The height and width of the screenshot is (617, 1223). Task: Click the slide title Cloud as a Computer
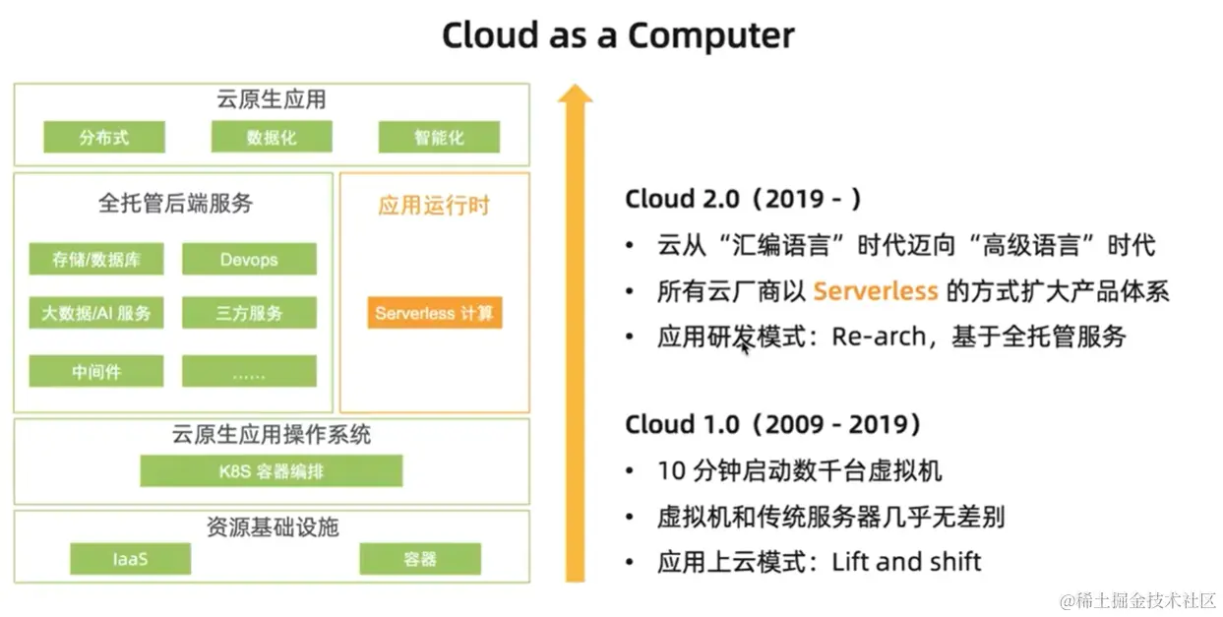[x=618, y=35]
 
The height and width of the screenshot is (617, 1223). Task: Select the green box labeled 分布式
[x=104, y=137]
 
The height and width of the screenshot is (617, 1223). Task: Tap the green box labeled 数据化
[x=272, y=137]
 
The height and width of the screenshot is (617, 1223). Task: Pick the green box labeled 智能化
[x=439, y=137]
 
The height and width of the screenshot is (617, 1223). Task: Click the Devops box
[x=249, y=259]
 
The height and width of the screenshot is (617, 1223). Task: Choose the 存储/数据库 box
[x=96, y=259]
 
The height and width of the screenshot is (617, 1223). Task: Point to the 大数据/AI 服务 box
[x=96, y=313]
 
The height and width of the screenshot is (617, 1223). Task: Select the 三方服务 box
[x=249, y=313]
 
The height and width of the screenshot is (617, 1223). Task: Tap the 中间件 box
[x=96, y=371]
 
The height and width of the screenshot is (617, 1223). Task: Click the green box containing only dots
[x=249, y=371]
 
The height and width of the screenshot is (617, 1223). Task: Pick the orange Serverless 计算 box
[x=435, y=313]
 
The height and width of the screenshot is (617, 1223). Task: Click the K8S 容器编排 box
[x=272, y=470]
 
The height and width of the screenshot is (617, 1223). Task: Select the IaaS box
[x=131, y=559]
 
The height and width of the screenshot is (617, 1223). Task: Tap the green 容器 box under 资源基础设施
[x=420, y=559]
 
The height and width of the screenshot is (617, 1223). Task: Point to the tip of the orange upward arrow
[x=575, y=85]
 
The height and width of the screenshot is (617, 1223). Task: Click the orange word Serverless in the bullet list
[x=876, y=291]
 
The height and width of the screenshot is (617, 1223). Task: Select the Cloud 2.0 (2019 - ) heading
[x=744, y=199]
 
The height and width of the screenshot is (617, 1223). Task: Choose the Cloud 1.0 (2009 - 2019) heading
[x=773, y=424]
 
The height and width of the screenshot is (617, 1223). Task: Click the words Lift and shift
[x=906, y=561]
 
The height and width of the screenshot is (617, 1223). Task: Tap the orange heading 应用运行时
[x=434, y=206]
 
